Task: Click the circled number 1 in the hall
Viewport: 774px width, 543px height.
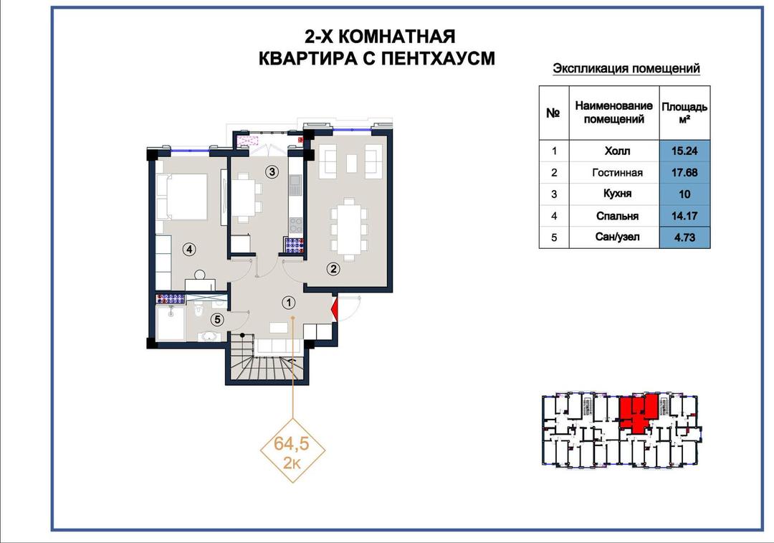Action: (288, 303)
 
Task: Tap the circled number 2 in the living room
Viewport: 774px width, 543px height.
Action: (334, 269)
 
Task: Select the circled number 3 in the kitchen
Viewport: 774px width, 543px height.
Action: (272, 172)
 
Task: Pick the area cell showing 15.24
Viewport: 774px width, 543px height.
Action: (684, 151)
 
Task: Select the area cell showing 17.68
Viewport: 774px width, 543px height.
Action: (684, 172)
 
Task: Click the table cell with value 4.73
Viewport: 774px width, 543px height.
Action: (684, 237)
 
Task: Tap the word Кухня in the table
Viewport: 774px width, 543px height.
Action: (617, 194)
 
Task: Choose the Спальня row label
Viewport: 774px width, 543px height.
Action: (617, 216)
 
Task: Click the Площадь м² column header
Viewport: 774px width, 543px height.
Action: (684, 113)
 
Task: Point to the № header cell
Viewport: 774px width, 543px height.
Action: (553, 113)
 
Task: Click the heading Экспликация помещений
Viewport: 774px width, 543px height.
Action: (626, 68)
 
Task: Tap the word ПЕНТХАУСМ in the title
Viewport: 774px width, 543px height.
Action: (431, 58)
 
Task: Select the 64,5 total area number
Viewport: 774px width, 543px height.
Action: (292, 444)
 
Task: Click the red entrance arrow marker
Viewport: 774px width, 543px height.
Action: (334, 309)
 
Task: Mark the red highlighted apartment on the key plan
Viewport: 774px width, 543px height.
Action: (639, 412)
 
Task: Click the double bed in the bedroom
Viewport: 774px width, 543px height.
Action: (182, 197)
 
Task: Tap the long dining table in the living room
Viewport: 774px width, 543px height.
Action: (349, 229)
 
